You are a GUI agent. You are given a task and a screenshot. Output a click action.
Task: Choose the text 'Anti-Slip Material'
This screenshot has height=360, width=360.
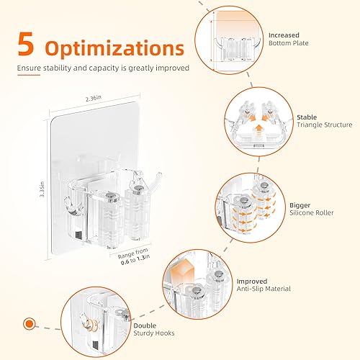263,288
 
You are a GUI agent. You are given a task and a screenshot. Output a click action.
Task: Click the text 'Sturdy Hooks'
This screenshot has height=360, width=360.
153,333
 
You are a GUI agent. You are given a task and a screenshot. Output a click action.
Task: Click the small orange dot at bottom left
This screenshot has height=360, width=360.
30,323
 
